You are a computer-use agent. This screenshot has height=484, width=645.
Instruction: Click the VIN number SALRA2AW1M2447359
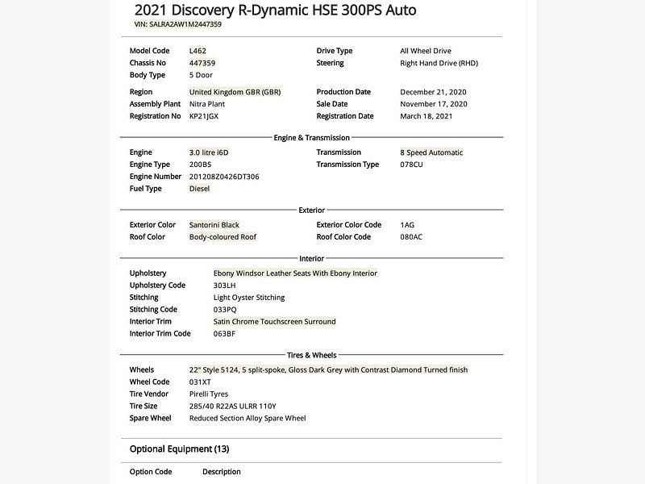[x=185, y=24]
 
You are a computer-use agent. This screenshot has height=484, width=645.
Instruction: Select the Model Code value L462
[x=198, y=51]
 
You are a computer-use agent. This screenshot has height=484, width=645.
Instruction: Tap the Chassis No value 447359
[x=202, y=63]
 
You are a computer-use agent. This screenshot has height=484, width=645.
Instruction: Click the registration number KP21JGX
[x=204, y=116]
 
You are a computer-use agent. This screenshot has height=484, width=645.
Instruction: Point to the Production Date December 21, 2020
[x=433, y=92]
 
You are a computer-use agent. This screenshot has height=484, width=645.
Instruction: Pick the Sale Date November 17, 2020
[x=433, y=104]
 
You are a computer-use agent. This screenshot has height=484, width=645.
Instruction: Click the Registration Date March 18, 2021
[x=427, y=116]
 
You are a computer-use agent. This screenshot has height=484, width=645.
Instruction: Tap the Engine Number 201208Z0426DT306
[x=224, y=177]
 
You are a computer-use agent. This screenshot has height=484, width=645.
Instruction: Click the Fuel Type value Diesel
[x=199, y=189]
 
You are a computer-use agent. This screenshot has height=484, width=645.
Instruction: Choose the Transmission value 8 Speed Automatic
[x=431, y=152]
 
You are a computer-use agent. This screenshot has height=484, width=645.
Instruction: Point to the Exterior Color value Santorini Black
[x=214, y=225]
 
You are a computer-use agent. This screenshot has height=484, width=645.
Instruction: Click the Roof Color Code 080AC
[x=411, y=237]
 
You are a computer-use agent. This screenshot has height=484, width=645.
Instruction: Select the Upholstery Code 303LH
[x=225, y=286]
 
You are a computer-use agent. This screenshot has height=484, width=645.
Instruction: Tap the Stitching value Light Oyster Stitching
[x=249, y=298]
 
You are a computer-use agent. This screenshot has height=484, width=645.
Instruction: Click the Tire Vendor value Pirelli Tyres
[x=214, y=394]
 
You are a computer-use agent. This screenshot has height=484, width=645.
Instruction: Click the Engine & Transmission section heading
[x=312, y=138]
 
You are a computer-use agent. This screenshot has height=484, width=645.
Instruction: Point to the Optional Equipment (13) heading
[x=179, y=449]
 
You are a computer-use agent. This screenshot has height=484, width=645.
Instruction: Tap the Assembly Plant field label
[x=155, y=104]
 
